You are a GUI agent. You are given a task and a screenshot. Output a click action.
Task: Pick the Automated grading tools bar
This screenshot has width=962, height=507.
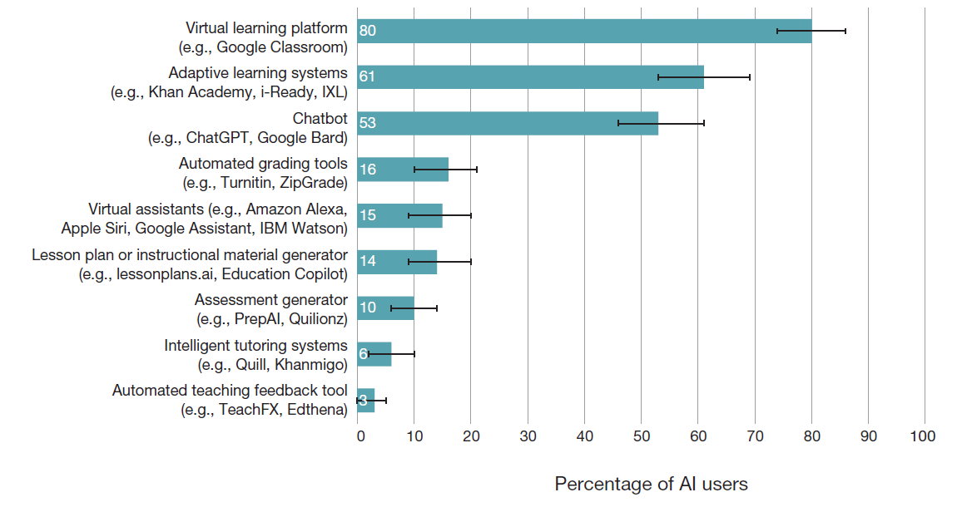coord(403,170)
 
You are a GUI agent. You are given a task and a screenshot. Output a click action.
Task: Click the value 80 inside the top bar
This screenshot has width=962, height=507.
coord(368,31)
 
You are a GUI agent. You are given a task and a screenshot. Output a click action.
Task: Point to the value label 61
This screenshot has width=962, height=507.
coord(367,76)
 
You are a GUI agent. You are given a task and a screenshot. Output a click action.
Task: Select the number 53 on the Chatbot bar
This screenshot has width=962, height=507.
coord(368,123)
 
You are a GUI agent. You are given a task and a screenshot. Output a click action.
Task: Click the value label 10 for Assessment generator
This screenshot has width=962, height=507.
coord(368,308)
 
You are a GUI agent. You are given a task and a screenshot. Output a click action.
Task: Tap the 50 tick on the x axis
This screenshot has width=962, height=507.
coord(641,436)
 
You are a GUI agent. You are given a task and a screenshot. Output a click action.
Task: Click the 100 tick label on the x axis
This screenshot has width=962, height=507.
coord(923,436)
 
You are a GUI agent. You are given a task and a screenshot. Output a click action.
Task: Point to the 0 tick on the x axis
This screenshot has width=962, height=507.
coord(360,436)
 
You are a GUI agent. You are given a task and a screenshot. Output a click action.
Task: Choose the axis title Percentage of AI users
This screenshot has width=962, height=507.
coord(651,484)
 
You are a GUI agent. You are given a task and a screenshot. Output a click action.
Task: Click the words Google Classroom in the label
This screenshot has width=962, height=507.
coord(281,47)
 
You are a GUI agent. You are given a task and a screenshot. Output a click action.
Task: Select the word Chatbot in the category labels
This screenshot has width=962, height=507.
coord(320,119)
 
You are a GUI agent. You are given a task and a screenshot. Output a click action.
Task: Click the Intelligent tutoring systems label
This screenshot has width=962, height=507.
coord(255,346)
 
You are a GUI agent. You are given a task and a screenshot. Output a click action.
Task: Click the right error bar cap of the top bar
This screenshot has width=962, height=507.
coord(845,31)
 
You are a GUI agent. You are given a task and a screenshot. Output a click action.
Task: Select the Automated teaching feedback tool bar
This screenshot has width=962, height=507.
coord(366,401)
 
